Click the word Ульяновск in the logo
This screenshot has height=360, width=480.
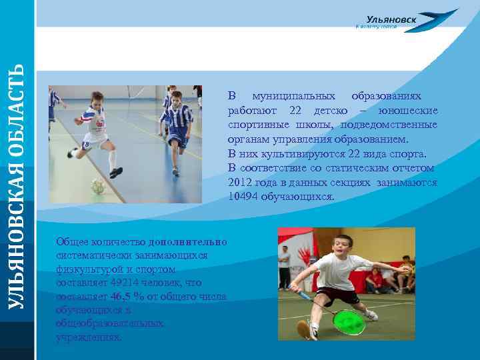click(391, 20)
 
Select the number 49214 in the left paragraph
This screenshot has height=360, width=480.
click(131, 283)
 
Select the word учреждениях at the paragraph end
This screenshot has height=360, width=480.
click(89, 337)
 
